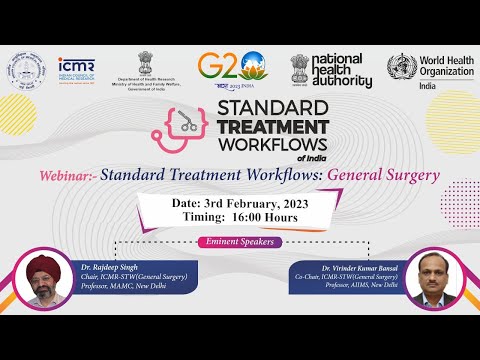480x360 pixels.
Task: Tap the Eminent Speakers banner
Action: [239, 242]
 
